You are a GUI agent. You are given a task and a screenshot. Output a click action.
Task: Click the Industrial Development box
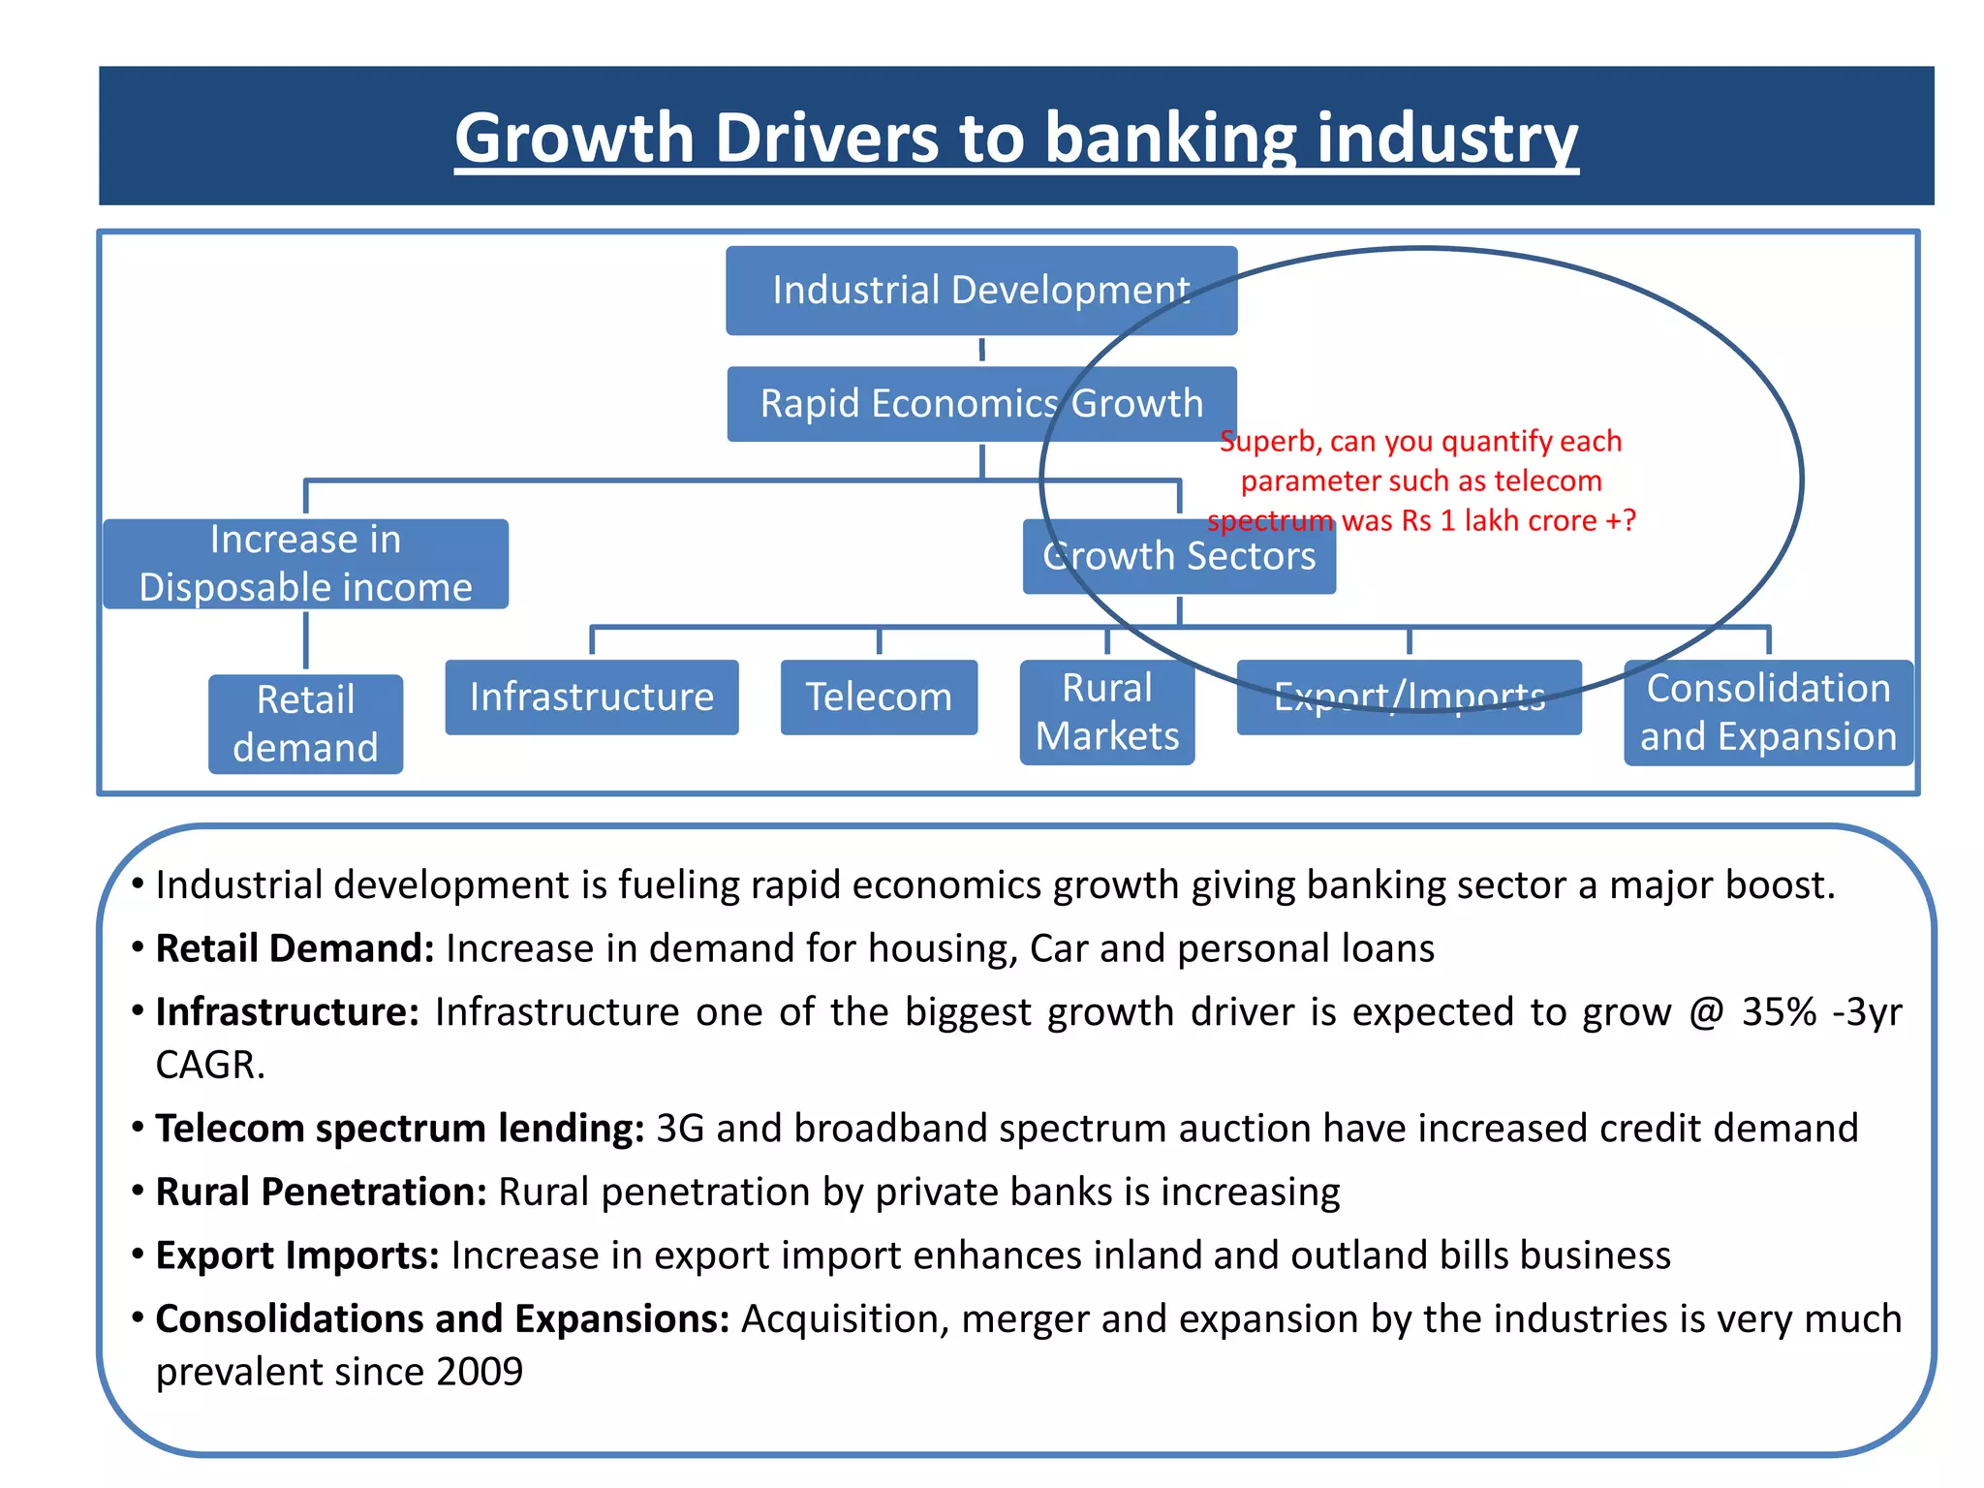click(980, 291)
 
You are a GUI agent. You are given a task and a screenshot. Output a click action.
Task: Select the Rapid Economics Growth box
click(980, 404)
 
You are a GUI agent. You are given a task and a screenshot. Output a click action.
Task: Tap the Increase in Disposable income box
click(305, 564)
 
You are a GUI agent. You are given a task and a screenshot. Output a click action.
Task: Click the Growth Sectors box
click(1179, 557)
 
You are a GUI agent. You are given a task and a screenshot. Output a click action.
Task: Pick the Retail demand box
click(305, 724)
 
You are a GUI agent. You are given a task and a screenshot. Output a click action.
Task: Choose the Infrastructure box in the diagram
click(591, 697)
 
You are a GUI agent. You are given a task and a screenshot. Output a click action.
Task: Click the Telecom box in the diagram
click(879, 697)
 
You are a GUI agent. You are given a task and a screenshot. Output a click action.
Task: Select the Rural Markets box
click(1107, 712)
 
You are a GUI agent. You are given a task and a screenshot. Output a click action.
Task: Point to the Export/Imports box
click(1409, 697)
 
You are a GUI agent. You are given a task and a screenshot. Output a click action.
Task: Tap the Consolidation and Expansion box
click(1767, 712)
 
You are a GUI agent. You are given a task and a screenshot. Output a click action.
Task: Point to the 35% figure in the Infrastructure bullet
click(1779, 1012)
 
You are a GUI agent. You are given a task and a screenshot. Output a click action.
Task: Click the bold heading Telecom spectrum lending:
click(399, 1129)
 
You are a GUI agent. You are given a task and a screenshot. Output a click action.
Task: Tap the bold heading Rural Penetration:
click(321, 1193)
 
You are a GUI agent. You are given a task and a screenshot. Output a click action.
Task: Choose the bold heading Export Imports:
click(297, 1255)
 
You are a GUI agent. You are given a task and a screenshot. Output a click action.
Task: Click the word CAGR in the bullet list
click(209, 1066)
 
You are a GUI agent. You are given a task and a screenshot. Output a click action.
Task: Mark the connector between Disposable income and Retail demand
click(306, 640)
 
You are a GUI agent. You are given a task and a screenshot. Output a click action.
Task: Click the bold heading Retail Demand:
click(294, 948)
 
